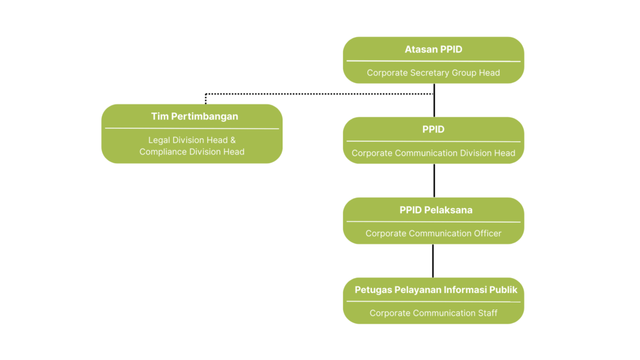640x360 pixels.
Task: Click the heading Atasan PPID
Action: pyautogui.click(x=433, y=49)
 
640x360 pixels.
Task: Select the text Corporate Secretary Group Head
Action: pyautogui.click(x=433, y=72)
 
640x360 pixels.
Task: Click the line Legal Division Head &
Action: pyautogui.click(x=192, y=140)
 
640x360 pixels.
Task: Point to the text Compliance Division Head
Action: pyautogui.click(x=192, y=152)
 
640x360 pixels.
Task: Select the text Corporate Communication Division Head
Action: pyautogui.click(x=433, y=153)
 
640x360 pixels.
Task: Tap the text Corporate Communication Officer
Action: pyautogui.click(x=433, y=234)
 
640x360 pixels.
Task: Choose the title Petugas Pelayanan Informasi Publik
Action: pyautogui.click(x=436, y=290)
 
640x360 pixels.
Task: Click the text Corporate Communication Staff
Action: pyautogui.click(x=433, y=313)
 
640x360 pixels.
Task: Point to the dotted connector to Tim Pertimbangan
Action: pyautogui.click(x=312, y=94)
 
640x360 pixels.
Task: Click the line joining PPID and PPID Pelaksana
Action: pyautogui.click(x=434, y=180)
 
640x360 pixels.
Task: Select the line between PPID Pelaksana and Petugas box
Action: pyautogui.click(x=434, y=260)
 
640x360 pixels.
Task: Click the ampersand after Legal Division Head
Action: pyautogui.click(x=232, y=140)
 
